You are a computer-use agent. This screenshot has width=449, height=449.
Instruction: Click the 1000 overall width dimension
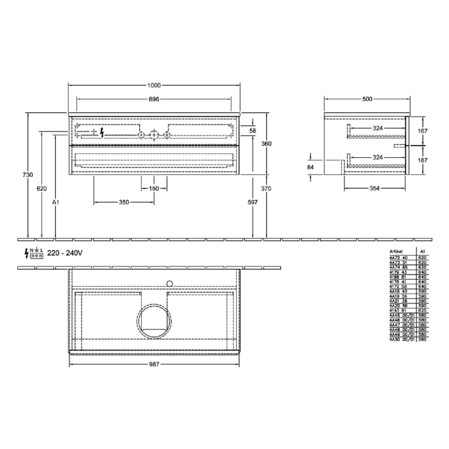(154, 86)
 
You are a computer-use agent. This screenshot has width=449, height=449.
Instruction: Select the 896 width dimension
(154, 99)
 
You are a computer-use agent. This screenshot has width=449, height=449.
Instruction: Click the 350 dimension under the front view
(124, 202)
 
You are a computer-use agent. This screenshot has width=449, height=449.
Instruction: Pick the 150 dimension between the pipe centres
(154, 189)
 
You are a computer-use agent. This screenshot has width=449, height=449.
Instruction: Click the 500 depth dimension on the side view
(367, 99)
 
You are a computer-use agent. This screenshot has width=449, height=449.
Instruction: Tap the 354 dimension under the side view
(375, 189)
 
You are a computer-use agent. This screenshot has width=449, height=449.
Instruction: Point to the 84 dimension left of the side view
(311, 167)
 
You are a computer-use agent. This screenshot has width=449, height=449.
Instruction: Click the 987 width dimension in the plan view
(154, 364)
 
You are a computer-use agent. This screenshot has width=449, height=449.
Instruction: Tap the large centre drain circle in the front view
(154, 134)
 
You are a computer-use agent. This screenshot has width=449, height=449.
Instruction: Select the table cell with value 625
(422, 309)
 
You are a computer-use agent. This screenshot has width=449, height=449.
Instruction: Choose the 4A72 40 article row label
(398, 258)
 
